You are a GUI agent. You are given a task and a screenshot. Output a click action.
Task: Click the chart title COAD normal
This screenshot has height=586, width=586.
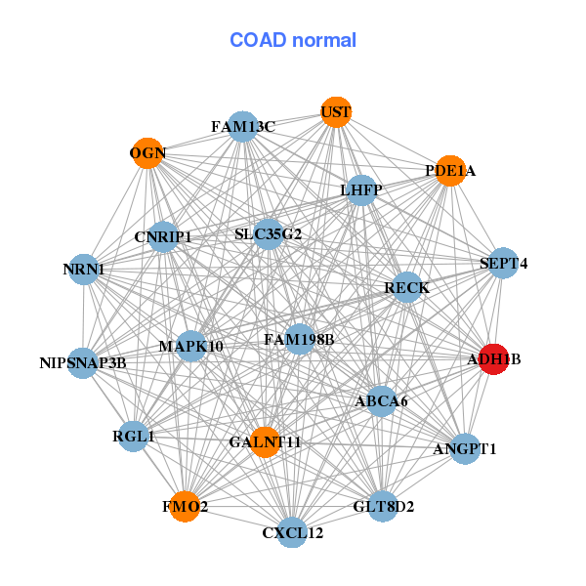[293, 40]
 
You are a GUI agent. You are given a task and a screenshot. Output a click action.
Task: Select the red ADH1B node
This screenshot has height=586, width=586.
[493, 359]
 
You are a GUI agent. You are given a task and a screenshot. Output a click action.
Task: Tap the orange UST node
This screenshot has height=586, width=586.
[335, 112]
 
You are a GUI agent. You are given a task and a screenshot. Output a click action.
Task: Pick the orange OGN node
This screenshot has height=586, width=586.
[147, 153]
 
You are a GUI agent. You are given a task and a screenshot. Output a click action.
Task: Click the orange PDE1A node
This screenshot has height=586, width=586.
[449, 171]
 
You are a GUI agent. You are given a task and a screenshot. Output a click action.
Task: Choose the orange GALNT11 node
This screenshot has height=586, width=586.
[265, 442]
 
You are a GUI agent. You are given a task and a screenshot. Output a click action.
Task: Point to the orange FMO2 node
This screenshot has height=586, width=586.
[185, 507]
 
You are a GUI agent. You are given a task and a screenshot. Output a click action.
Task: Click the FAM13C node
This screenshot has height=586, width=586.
[242, 127]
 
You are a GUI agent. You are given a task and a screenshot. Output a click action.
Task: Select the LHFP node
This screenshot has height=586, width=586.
[361, 189]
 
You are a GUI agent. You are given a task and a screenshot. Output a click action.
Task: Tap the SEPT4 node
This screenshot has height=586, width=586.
[503, 263]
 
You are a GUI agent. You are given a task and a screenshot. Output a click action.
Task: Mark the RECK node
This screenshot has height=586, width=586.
[406, 287]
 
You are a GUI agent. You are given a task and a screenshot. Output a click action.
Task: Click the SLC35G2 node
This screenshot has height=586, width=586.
[269, 234]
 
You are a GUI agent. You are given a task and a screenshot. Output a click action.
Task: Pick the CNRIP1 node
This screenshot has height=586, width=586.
[163, 237]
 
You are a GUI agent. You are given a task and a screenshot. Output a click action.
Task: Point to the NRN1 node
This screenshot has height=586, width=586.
[83, 269]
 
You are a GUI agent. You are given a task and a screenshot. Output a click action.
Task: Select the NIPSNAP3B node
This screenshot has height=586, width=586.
[83, 363]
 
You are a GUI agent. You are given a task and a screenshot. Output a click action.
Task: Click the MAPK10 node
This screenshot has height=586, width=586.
[191, 346]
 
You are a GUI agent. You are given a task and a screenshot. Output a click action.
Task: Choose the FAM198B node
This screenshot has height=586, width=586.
[299, 339]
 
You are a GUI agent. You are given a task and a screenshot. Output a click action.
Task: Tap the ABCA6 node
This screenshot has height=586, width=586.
[381, 400]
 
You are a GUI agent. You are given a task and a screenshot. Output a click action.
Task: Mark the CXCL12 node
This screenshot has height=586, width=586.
[292, 532]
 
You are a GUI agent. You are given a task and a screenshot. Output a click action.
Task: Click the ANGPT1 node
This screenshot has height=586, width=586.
[465, 449]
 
